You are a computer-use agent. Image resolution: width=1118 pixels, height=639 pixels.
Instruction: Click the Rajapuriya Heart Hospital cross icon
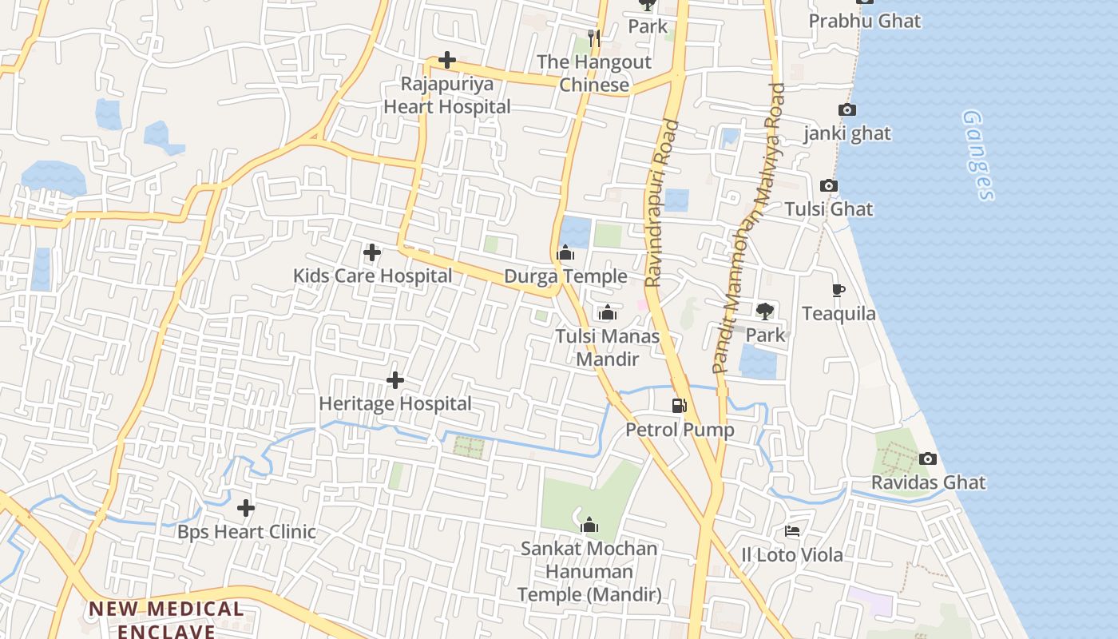(x=447, y=60)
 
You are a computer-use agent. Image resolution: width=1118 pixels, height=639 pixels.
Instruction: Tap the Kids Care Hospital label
(x=372, y=276)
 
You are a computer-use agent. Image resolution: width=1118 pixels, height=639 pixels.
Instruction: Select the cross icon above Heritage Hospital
(x=394, y=380)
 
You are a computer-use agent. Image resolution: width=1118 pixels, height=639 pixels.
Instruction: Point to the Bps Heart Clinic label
(x=247, y=532)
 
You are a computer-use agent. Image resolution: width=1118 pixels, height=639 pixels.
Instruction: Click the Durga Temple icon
(x=565, y=253)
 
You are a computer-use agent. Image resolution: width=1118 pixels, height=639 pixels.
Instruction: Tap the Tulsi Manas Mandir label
(x=608, y=347)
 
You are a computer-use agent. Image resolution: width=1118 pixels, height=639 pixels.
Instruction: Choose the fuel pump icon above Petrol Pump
(x=680, y=406)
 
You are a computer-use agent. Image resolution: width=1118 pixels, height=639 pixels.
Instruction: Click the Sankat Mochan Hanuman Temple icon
(x=589, y=525)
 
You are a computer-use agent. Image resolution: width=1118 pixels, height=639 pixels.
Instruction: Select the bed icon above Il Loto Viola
(x=792, y=530)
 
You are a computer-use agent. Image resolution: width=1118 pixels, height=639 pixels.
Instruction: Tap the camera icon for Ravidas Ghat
(x=927, y=458)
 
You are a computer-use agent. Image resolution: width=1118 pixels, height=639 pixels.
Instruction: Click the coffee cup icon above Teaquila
(x=838, y=290)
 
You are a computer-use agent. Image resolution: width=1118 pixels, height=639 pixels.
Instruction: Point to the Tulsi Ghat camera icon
(x=829, y=185)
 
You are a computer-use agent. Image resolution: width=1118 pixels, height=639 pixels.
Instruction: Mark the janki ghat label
(x=847, y=133)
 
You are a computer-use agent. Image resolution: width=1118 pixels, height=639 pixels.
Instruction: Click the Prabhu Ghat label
(x=865, y=21)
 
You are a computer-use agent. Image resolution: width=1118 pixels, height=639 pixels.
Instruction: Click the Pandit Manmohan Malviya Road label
(x=748, y=228)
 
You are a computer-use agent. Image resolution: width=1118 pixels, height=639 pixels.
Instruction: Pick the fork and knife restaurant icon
(x=593, y=38)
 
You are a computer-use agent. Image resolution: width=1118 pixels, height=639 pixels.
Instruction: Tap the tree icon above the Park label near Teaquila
(x=765, y=311)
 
